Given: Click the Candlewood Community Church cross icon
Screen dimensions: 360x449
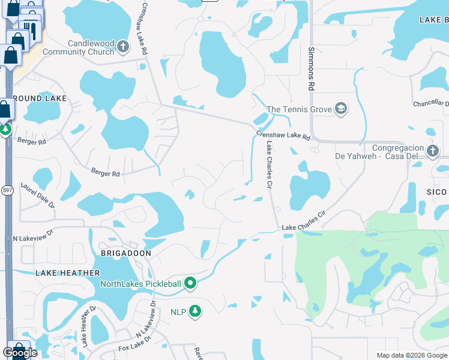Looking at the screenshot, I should coord(123,46).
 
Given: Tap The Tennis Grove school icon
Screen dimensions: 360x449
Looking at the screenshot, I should coord(341,109).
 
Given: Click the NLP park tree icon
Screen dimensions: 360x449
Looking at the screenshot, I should coord(194,311).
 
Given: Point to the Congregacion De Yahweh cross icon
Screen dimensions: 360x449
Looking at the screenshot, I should coord(433,149).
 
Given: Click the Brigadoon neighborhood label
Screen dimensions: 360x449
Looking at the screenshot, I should coord(125,254).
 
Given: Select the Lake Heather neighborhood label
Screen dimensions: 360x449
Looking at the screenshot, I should coord(67,273).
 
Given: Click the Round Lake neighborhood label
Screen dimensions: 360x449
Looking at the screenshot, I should coord(29,98).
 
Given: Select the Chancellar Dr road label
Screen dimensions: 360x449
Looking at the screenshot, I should coord(431,104).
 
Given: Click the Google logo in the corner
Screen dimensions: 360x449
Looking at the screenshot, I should coord(20,352).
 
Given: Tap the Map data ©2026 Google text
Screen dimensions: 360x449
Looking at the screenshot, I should coord(412,355).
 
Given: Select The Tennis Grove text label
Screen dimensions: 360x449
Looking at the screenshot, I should coord(299,109).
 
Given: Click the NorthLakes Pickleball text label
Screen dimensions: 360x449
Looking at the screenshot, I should coord(140,284).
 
